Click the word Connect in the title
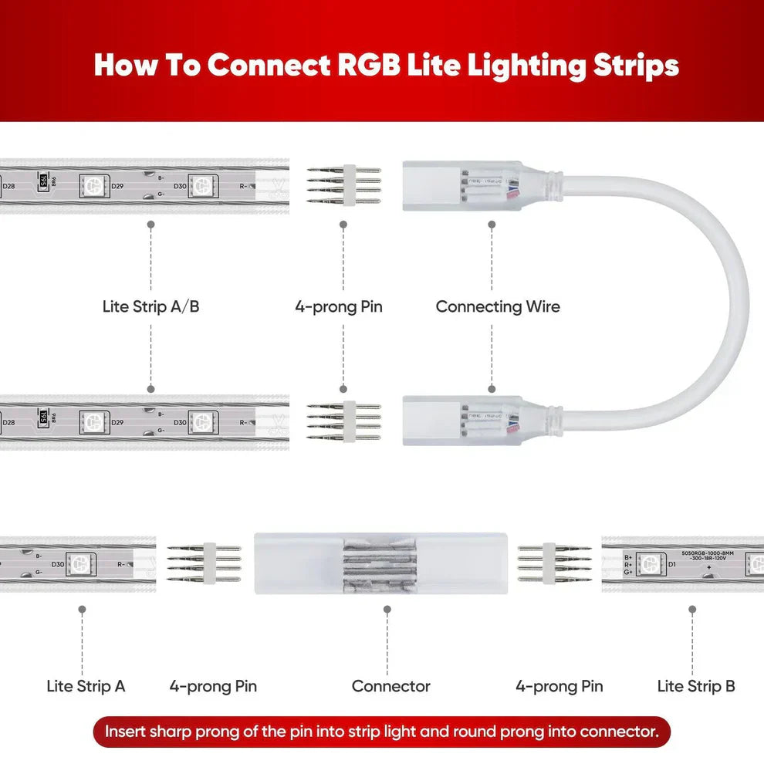(x=268, y=66)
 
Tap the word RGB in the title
(x=369, y=66)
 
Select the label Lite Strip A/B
(x=150, y=306)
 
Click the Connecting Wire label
(x=497, y=306)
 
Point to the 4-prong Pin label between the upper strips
(x=338, y=306)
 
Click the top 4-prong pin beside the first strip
(x=343, y=185)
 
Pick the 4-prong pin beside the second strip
(x=343, y=421)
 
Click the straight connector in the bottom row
(x=387, y=564)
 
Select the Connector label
(x=390, y=686)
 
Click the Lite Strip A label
(x=86, y=686)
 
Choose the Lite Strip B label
(x=695, y=686)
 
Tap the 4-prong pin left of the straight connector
(x=204, y=564)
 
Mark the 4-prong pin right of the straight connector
(x=554, y=564)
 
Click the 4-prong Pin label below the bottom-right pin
(x=559, y=686)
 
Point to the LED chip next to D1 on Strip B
(x=649, y=565)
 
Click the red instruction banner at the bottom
(x=382, y=732)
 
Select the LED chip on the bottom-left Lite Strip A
(x=80, y=564)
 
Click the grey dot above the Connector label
(x=387, y=609)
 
